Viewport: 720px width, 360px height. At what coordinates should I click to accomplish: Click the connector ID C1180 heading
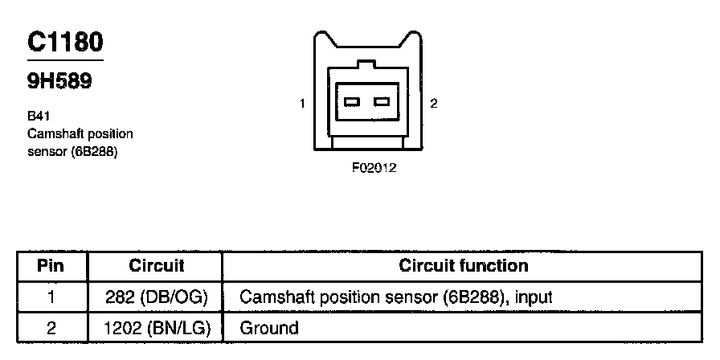click(65, 43)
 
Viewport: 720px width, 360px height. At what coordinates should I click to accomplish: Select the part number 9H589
click(59, 81)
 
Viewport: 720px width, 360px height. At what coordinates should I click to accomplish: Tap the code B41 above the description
click(39, 117)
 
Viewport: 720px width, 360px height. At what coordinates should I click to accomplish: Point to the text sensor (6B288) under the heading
click(72, 150)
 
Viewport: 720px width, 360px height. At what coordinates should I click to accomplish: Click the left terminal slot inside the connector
click(352, 102)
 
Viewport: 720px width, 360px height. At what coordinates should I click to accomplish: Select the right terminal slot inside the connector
click(382, 102)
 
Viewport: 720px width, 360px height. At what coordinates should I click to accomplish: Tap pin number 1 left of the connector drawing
click(302, 104)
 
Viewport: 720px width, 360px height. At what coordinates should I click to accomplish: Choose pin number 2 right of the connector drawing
click(434, 104)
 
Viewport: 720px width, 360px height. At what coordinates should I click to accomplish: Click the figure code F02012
click(374, 169)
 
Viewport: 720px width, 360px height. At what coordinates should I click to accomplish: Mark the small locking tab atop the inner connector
click(366, 64)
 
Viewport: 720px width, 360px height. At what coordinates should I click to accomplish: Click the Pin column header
click(51, 266)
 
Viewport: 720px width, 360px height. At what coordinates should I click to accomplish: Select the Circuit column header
click(157, 266)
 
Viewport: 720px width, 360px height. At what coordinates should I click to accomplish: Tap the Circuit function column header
click(464, 266)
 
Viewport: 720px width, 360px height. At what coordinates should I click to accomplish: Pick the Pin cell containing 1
click(51, 297)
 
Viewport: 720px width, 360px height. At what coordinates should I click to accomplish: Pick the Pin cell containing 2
click(51, 328)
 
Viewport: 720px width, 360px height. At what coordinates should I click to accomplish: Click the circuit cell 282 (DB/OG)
click(157, 297)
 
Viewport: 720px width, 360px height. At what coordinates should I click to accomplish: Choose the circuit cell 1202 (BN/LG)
click(157, 328)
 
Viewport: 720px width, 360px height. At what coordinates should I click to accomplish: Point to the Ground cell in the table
click(269, 328)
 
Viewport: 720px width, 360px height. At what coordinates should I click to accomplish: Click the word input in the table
click(534, 297)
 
